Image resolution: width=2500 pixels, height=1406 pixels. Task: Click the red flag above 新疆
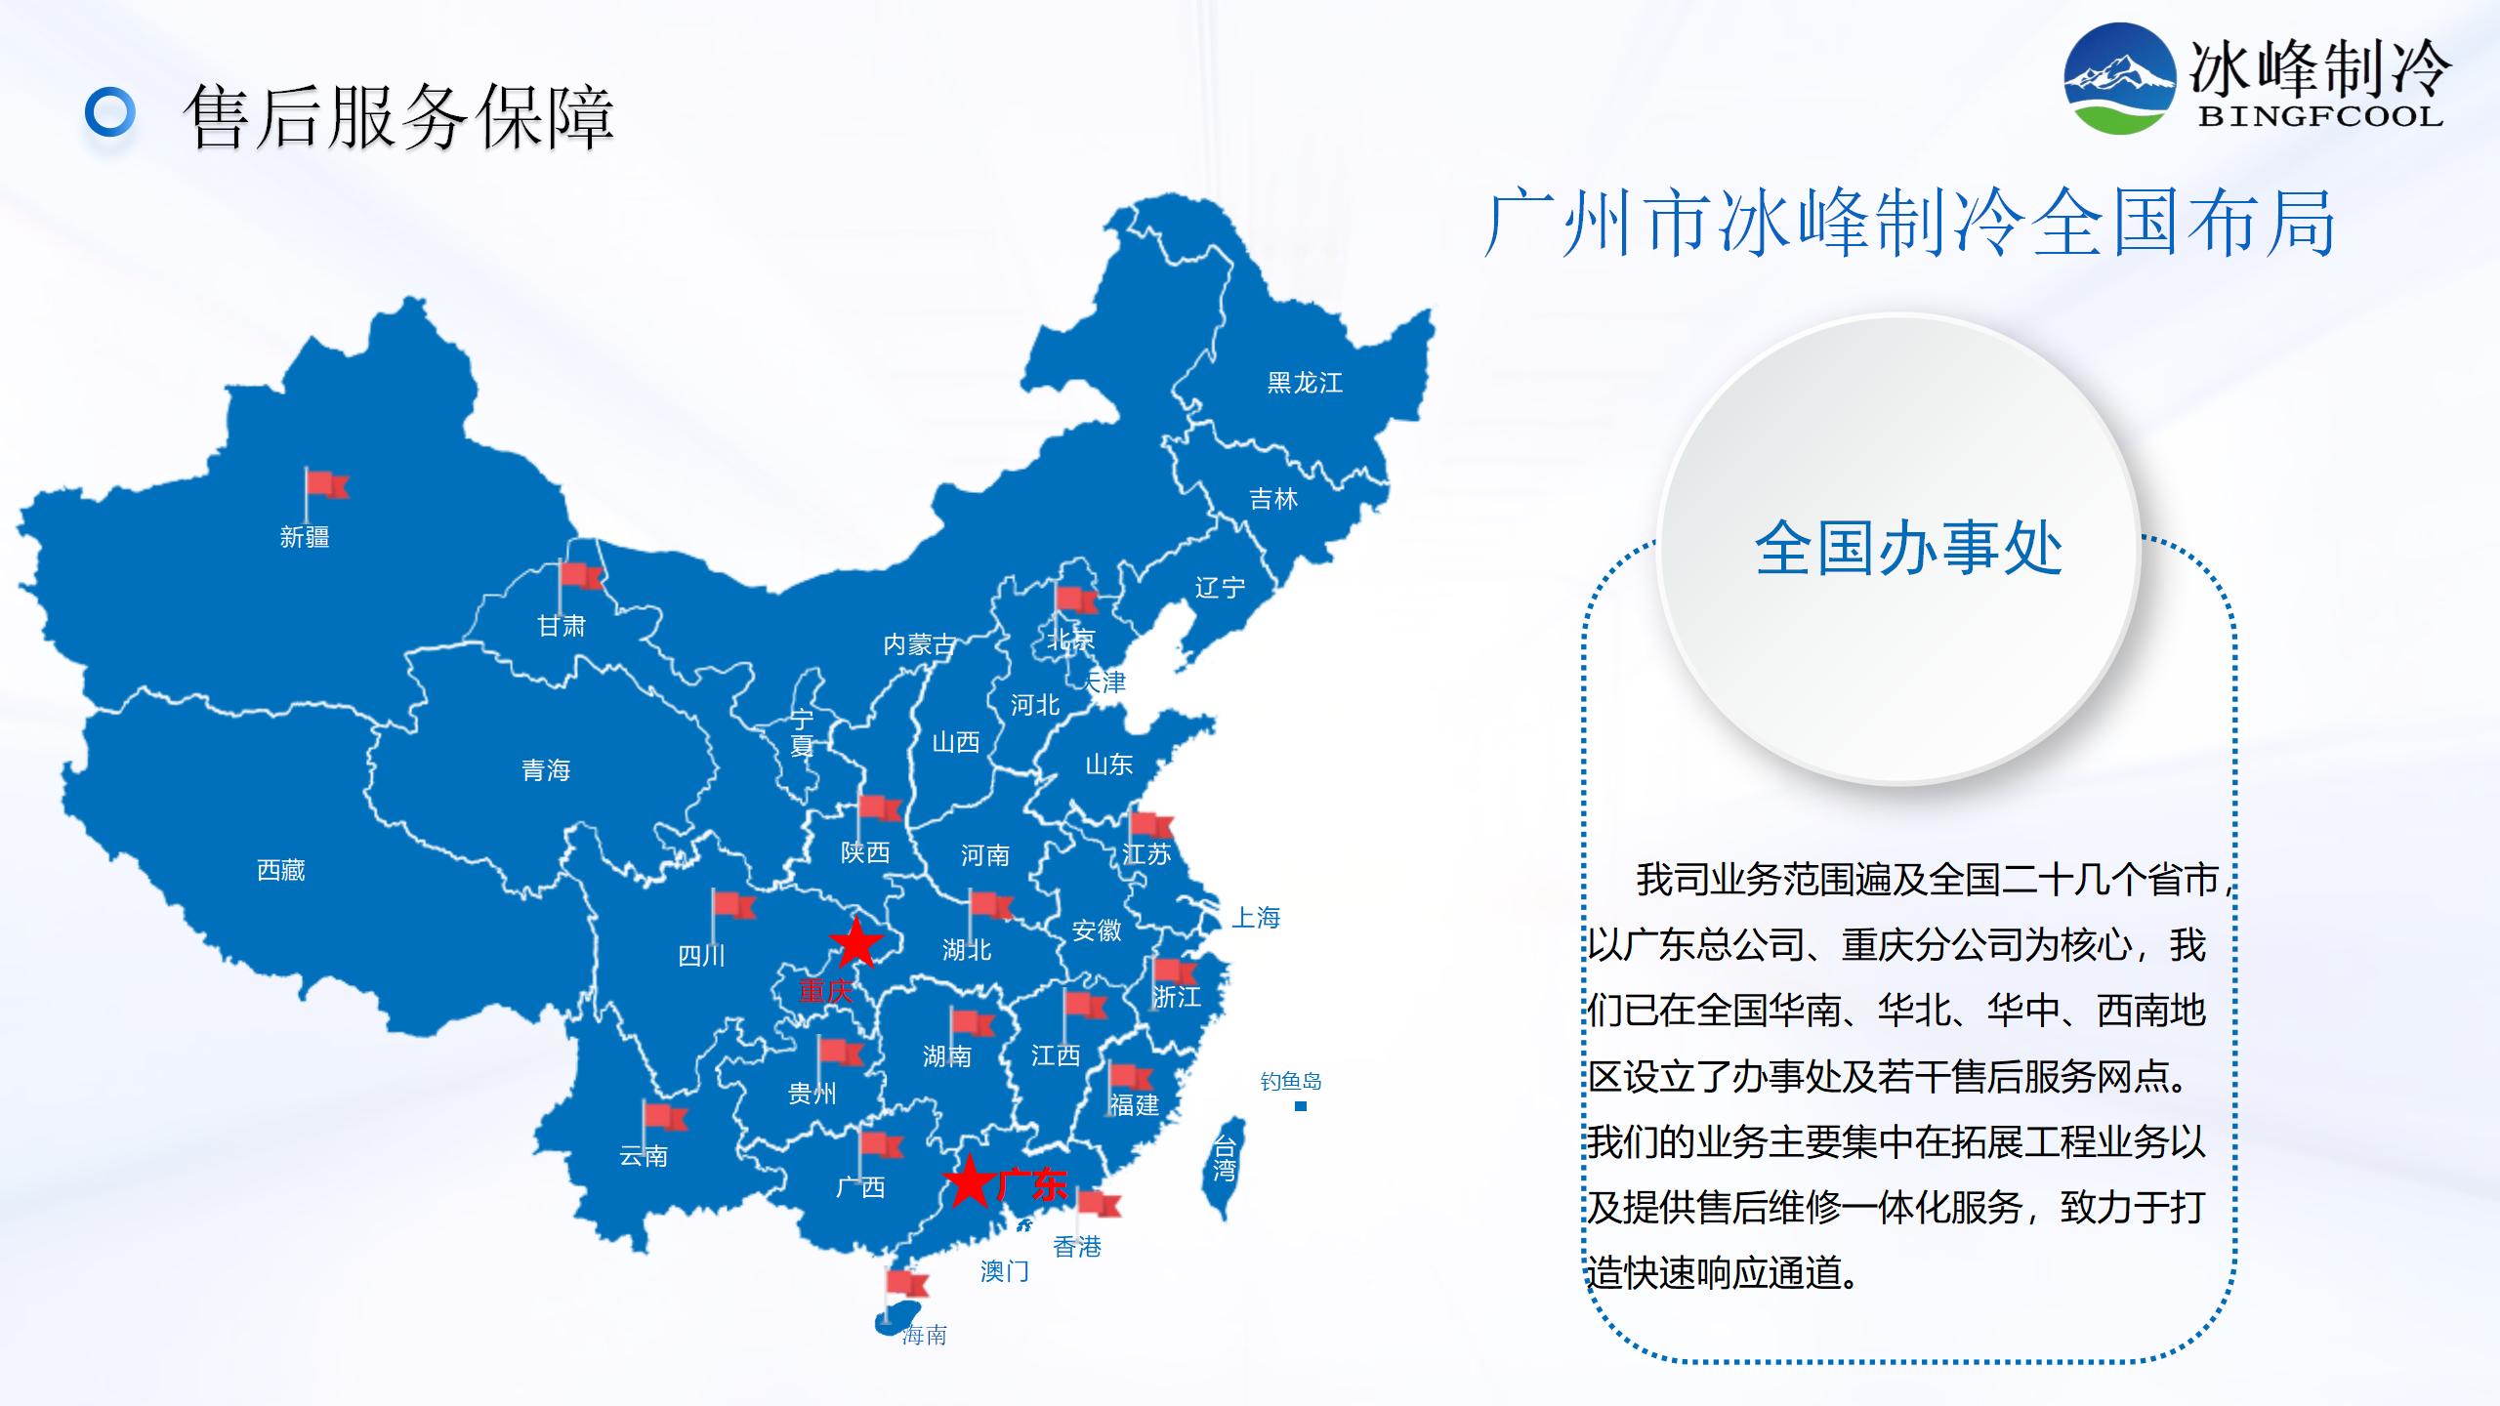[x=326, y=486]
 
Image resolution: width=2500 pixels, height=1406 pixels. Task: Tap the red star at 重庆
[x=855, y=943]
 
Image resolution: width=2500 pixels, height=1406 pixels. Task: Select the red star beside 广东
[x=969, y=1182]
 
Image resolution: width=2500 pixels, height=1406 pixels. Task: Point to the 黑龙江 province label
[x=1305, y=383]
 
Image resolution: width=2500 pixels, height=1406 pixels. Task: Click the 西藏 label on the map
[x=281, y=870]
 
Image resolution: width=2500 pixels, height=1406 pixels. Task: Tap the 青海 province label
[x=546, y=770]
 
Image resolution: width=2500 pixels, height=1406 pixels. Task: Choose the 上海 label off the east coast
[x=1256, y=918]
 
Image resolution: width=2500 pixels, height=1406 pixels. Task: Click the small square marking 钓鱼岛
[x=1300, y=1106]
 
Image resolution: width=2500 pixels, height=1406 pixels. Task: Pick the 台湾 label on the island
[x=1224, y=1158]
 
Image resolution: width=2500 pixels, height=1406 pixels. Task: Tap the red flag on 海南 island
[x=905, y=1285]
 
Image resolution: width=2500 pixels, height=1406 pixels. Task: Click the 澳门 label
[x=1004, y=1270]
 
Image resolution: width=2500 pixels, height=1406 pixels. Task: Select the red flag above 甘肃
[x=581, y=577]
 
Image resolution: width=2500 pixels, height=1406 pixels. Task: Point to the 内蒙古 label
[x=919, y=644]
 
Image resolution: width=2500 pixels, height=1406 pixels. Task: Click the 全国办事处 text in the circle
[x=1908, y=549]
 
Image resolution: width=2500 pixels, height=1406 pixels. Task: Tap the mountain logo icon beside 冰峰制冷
[x=2119, y=79]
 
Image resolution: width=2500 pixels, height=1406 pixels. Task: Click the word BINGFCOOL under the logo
[x=2320, y=116]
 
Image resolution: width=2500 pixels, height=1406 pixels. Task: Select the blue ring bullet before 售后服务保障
[x=109, y=113]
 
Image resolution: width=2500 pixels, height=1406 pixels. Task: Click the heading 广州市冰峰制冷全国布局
[x=1909, y=225]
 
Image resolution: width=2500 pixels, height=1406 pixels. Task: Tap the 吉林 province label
[x=1273, y=500]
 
